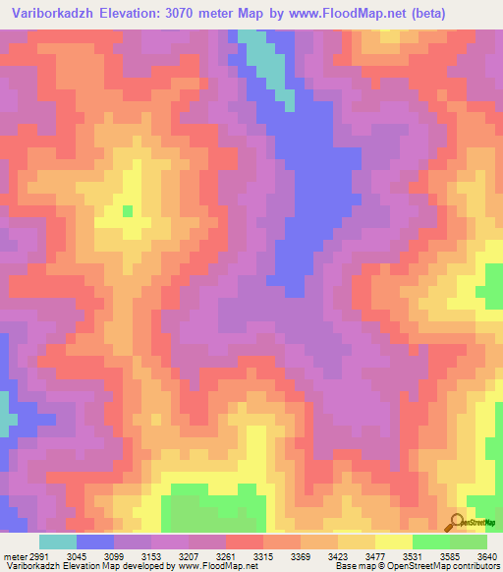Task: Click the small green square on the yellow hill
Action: click(128, 210)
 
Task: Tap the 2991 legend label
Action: click(37, 556)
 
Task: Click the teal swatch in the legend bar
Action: click(58, 542)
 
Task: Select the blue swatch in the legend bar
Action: click(95, 542)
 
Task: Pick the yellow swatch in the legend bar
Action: click(394, 542)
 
